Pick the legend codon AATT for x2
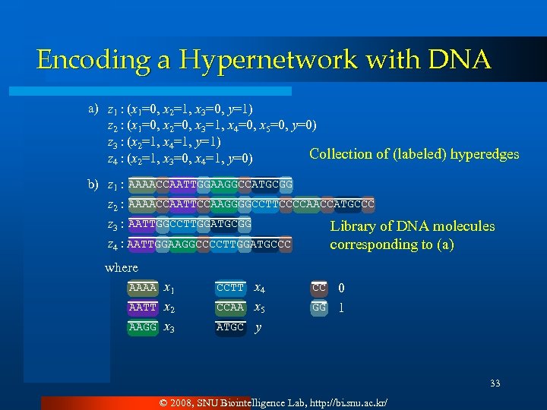click(x=143, y=308)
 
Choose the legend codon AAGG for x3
click(x=143, y=327)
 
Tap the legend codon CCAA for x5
click(x=230, y=308)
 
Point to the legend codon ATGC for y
click(x=230, y=327)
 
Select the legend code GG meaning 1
click(x=319, y=308)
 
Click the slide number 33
click(x=495, y=383)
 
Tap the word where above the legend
click(x=122, y=268)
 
